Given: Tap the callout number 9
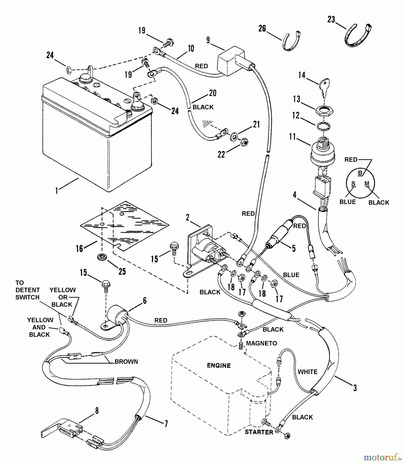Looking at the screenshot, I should [x=208, y=40].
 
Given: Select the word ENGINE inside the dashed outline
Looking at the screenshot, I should [x=219, y=366].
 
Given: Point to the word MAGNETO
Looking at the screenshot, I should [x=261, y=343].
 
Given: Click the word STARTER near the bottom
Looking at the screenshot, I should [x=259, y=432].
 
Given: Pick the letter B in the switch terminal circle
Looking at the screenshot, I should [x=360, y=173].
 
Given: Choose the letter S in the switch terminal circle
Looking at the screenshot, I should [x=353, y=184].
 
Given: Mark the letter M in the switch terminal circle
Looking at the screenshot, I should [x=367, y=184].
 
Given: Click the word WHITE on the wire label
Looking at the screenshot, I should [x=308, y=372].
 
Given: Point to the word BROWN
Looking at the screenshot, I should [x=126, y=362].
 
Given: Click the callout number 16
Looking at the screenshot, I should [x=79, y=248].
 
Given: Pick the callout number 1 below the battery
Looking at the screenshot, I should [x=56, y=191].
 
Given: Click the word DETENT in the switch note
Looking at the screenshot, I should [x=28, y=290].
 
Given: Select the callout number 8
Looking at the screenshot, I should [x=97, y=411].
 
